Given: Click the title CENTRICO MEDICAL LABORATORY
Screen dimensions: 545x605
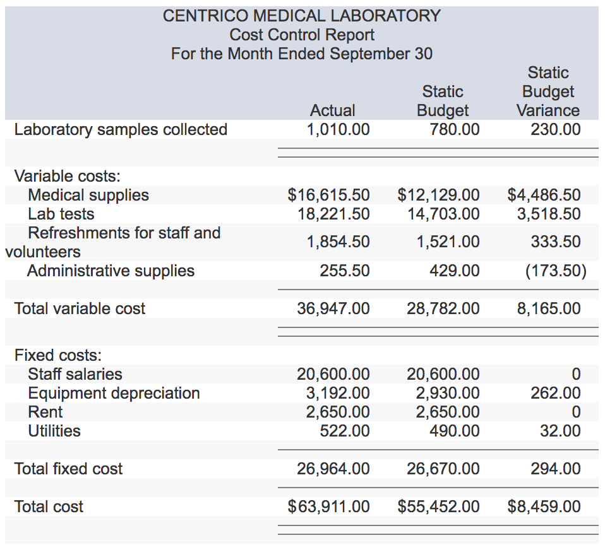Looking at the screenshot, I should (x=302, y=16).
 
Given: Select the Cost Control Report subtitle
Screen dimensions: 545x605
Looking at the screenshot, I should (x=302, y=35).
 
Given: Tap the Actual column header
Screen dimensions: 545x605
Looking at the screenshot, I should (x=333, y=110).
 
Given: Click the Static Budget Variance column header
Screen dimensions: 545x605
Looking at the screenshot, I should (x=548, y=91).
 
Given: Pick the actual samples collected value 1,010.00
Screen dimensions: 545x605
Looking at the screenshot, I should (x=338, y=129).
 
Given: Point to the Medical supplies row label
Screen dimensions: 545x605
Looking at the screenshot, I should (x=88, y=195).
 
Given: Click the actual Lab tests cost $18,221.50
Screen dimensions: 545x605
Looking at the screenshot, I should (x=333, y=214).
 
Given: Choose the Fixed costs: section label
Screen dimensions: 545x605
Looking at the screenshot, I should (x=58, y=355).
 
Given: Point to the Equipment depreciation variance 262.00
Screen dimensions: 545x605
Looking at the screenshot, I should (x=556, y=393).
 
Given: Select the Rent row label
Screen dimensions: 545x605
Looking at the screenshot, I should (x=45, y=412).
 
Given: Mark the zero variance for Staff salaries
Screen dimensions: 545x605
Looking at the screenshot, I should (x=575, y=374).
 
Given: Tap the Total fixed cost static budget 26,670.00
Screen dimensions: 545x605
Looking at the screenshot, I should (x=443, y=469).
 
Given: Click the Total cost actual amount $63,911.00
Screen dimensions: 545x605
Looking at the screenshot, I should (x=328, y=507).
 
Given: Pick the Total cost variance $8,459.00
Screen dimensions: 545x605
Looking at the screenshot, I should (x=544, y=507).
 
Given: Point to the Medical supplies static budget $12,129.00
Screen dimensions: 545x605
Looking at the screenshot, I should (x=438, y=195).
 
